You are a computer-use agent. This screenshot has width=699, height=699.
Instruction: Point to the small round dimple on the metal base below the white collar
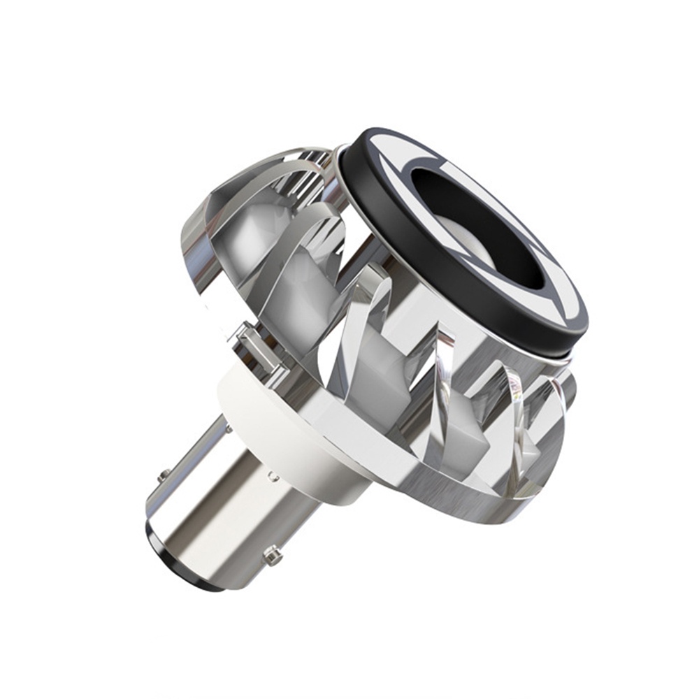(x=273, y=478)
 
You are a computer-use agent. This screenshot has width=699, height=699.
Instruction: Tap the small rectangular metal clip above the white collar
(x=256, y=346)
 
